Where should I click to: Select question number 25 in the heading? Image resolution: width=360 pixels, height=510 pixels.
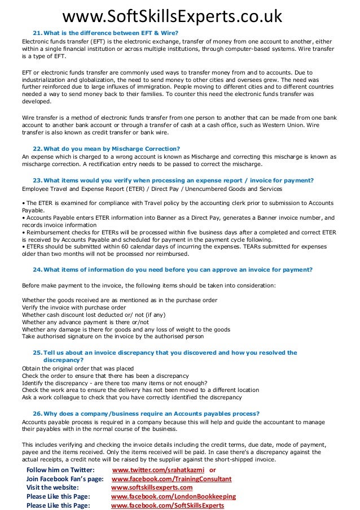pos(37,352)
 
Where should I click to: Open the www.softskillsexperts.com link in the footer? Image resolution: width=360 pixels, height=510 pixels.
pos(152,487)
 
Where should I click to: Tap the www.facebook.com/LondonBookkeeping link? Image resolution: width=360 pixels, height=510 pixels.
pos(173,496)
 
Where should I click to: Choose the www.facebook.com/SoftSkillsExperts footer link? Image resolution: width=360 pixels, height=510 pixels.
pos(168,505)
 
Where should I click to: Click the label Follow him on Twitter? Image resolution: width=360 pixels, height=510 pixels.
pos(61,470)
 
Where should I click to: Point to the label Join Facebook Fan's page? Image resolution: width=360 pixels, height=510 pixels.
pos(65,479)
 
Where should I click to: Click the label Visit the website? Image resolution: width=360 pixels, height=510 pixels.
pos(52,487)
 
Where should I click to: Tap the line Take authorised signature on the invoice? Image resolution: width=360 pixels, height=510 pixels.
pos(112,336)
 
